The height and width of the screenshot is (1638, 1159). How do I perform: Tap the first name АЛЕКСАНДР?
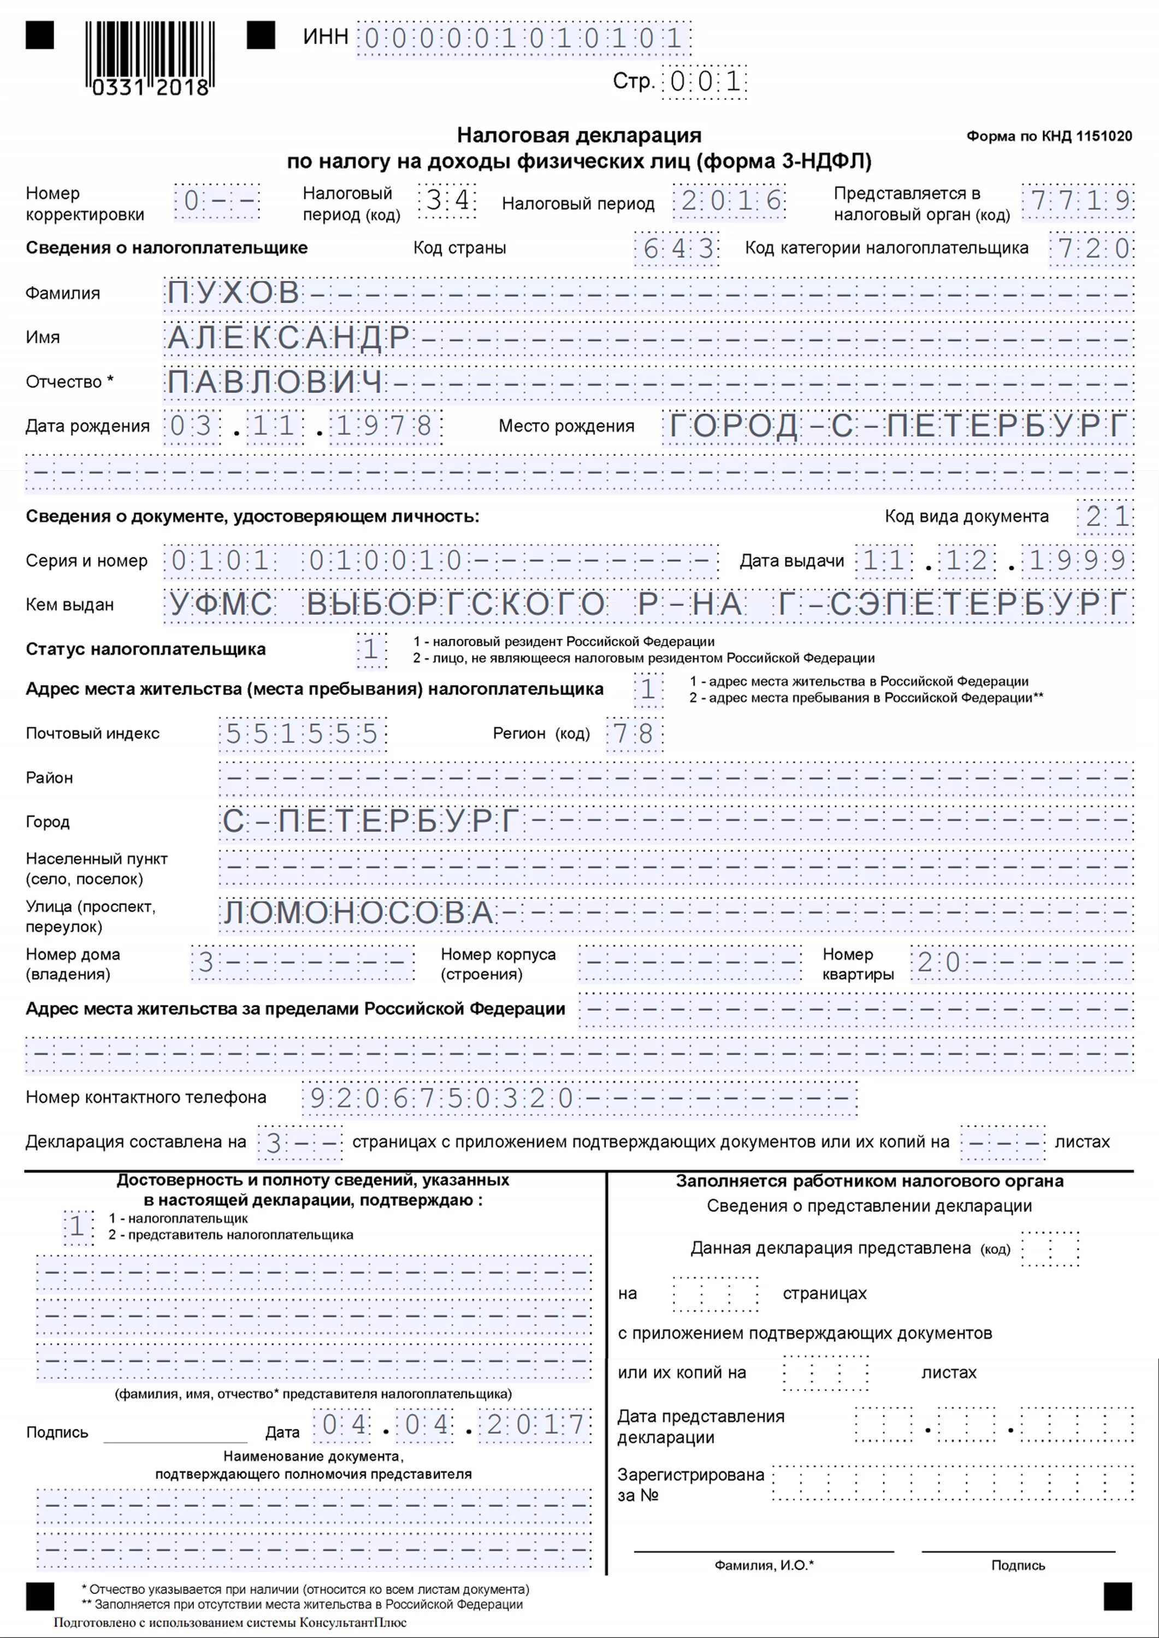tap(288, 337)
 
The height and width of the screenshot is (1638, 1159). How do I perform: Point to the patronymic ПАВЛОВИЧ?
tap(275, 382)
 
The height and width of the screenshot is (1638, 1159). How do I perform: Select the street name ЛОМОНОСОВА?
tap(358, 913)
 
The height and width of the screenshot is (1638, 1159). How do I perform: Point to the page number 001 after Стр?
tap(705, 82)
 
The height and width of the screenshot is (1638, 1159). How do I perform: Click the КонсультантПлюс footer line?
tap(230, 1622)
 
